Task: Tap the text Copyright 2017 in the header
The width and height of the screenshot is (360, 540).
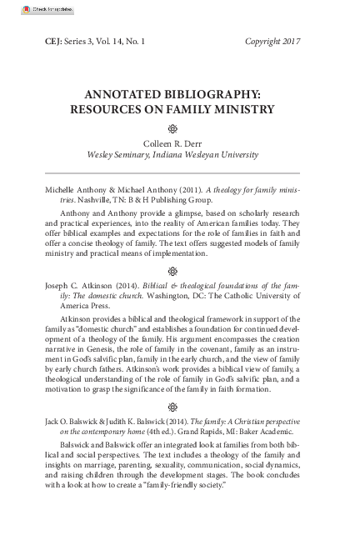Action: pos(272,41)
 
